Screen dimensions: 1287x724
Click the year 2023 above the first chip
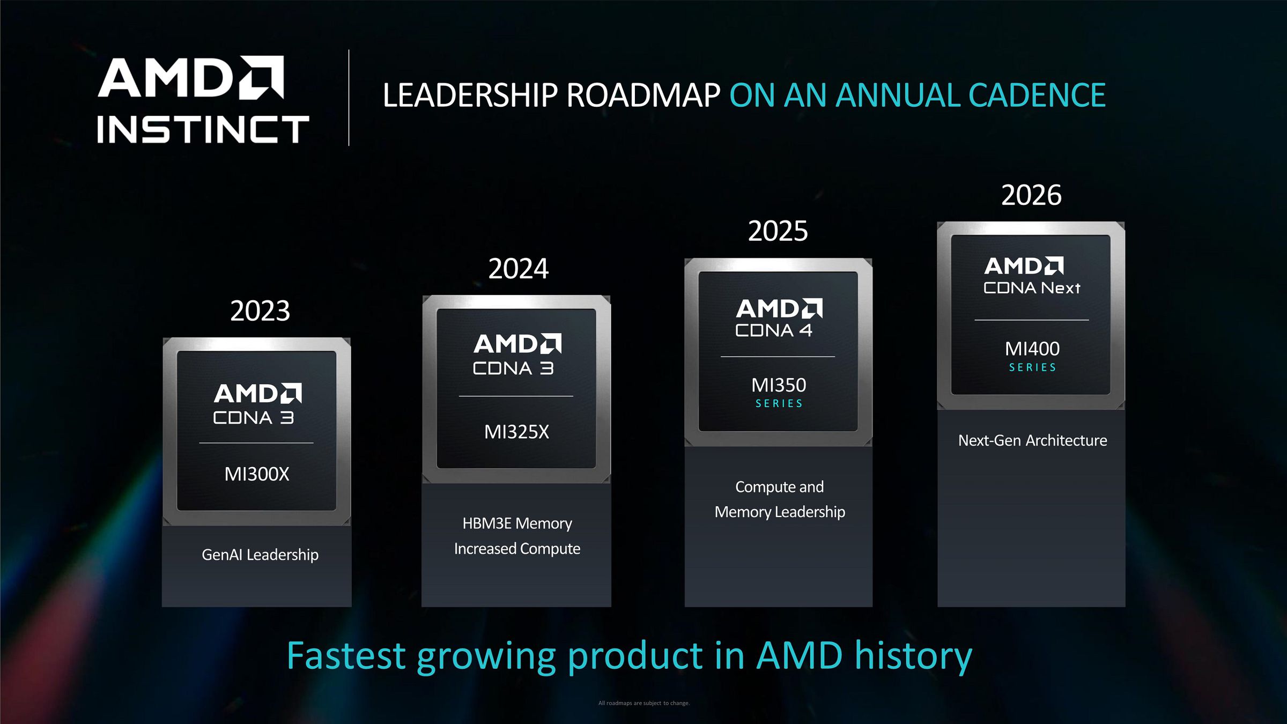(x=260, y=311)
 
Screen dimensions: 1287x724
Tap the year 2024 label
(x=518, y=269)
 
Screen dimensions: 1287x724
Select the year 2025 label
(x=778, y=231)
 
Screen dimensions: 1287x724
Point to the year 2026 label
(x=1031, y=195)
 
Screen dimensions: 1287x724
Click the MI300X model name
(x=257, y=474)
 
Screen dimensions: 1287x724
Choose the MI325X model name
(x=516, y=432)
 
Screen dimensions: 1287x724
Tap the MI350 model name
(x=779, y=385)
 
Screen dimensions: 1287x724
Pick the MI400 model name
(x=1032, y=349)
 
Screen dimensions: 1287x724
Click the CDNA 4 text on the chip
(x=774, y=330)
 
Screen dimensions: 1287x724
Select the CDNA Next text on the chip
(x=1032, y=288)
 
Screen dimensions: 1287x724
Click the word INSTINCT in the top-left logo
(x=203, y=129)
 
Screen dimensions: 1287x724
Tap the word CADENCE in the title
(x=1037, y=95)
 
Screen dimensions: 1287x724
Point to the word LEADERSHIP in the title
(x=470, y=95)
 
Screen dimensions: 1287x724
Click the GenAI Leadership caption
(x=260, y=555)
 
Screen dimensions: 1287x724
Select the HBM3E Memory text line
(x=517, y=523)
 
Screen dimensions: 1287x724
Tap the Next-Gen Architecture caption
(x=1033, y=440)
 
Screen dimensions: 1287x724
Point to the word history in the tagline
(x=913, y=656)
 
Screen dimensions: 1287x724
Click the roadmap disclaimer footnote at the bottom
(x=643, y=703)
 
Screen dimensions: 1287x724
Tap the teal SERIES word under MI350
(x=779, y=403)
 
